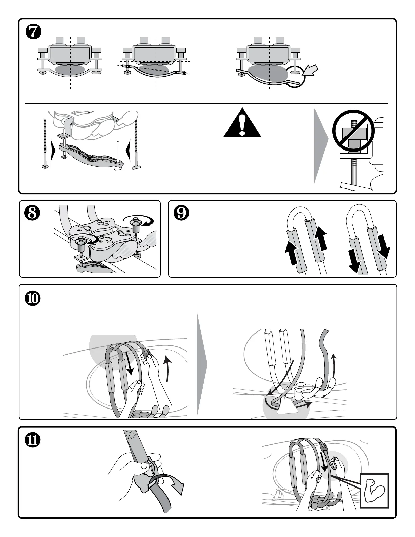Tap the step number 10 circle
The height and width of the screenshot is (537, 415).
[34, 298]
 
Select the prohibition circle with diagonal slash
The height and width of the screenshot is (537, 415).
[353, 131]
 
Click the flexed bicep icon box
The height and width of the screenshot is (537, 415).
[374, 490]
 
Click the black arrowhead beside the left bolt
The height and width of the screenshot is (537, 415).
[53, 151]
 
